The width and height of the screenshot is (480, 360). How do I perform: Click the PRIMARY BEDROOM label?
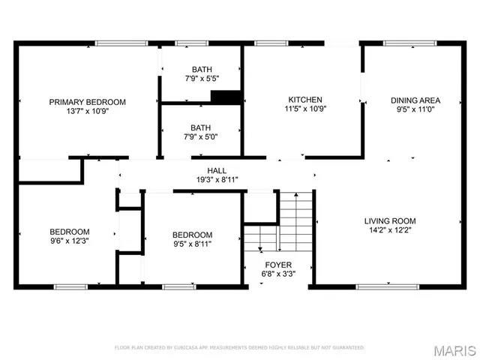coord(87,102)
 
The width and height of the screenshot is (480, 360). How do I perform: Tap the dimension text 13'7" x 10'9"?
coord(87,112)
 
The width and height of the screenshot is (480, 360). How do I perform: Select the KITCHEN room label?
coord(305,100)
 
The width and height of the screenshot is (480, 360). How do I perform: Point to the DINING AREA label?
coord(415,100)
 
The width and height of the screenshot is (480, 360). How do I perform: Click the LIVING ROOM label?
coord(390,221)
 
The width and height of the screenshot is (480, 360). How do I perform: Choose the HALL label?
coord(217,171)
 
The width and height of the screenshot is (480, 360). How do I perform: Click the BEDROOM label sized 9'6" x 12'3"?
coord(70,232)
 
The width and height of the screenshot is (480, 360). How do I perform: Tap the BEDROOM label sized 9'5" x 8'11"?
coord(192,235)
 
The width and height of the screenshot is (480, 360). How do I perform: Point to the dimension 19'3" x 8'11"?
coord(217,180)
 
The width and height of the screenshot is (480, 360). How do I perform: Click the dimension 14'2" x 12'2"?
coord(390,230)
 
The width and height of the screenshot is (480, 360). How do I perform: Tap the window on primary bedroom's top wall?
coord(121,43)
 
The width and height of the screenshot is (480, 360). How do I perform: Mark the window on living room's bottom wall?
coord(383,286)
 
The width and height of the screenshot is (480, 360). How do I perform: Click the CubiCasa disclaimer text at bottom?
coord(239,348)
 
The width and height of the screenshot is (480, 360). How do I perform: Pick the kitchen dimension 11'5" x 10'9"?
coord(305,109)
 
